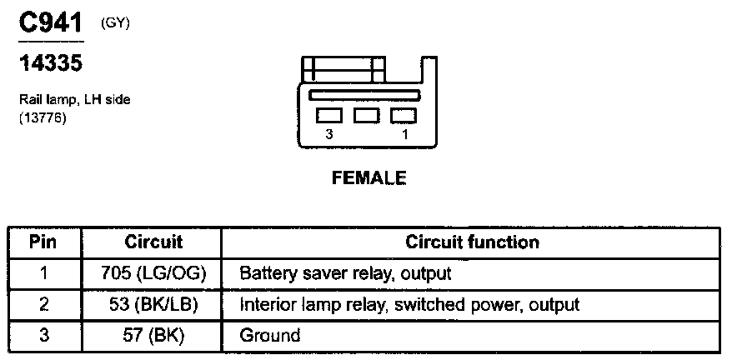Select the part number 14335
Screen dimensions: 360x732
[51, 62]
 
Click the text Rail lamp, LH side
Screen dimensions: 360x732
[75, 100]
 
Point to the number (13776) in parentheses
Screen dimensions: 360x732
[43, 118]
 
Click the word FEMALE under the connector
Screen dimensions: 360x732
[369, 177]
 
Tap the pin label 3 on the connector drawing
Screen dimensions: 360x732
[330, 133]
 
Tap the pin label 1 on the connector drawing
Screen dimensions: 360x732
[405, 133]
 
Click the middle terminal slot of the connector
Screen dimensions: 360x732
[367, 116]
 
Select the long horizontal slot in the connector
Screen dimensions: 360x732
[367, 97]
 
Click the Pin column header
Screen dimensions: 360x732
[43, 242]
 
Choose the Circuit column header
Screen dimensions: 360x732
[153, 242]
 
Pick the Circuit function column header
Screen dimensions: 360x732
[472, 242]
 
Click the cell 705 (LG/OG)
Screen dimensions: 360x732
[153, 273]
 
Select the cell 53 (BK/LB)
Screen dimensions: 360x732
[153, 304]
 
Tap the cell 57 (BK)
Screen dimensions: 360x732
[153, 335]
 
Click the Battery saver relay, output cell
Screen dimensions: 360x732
[345, 273]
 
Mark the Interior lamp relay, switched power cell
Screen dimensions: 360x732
[409, 304]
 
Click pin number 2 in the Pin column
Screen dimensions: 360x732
[43, 304]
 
